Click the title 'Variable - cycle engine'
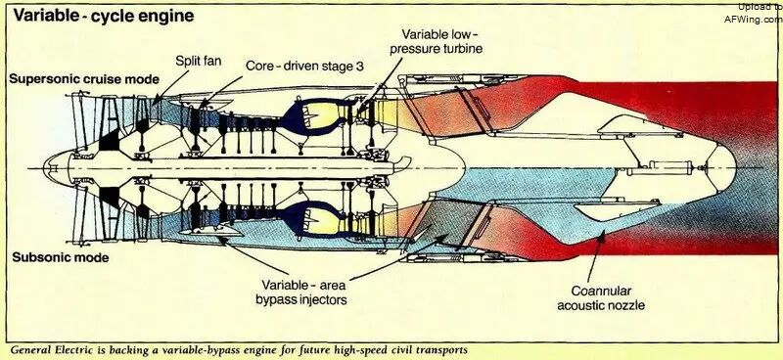pyautogui.click(x=104, y=16)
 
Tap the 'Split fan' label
pyautogui.click(x=199, y=61)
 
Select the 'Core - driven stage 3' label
pyautogui.click(x=304, y=66)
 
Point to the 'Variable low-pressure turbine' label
pyautogui.click(x=437, y=41)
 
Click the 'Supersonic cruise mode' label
pyautogui.click(x=84, y=79)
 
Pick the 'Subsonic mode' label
pyautogui.click(x=61, y=257)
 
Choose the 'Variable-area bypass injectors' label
pyautogui.click(x=301, y=292)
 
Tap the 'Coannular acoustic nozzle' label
pyautogui.click(x=601, y=298)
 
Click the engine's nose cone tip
pyautogui.click(x=44, y=168)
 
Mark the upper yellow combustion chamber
pyautogui.click(x=320, y=115)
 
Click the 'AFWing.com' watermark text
pyautogui.click(x=754, y=19)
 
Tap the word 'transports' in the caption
pyautogui.click(x=443, y=350)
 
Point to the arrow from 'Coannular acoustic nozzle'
pyautogui.click(x=596, y=256)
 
